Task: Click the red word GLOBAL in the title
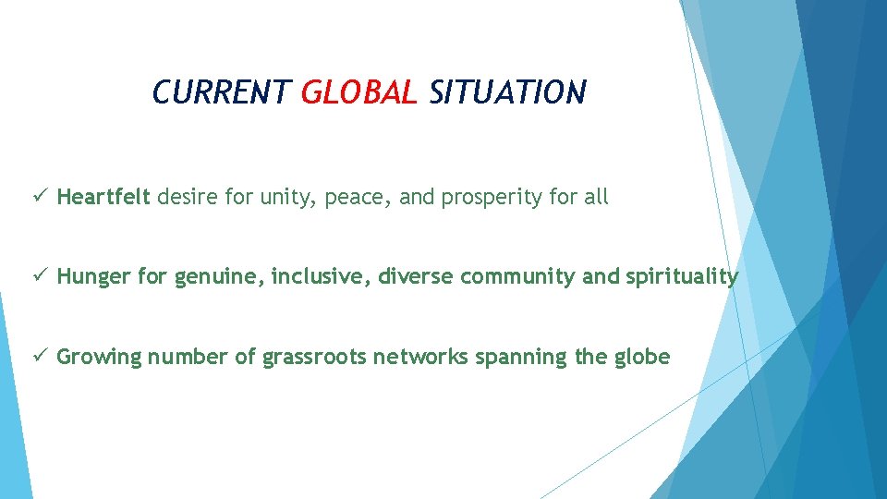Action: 359,92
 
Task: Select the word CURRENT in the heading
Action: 221,92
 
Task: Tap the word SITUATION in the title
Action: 507,92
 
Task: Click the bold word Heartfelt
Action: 103,197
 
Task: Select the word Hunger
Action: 93,276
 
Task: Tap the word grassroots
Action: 314,358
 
